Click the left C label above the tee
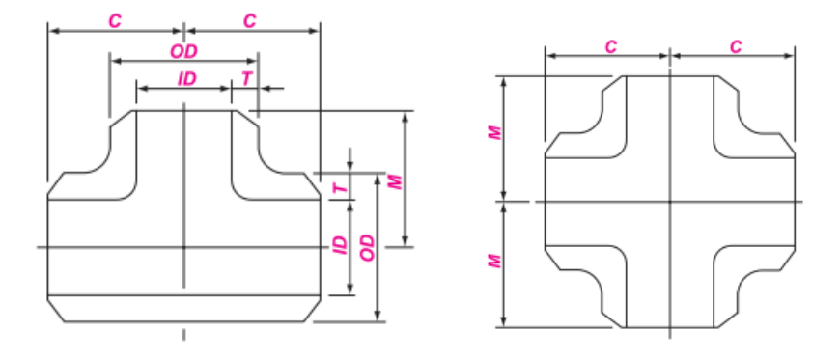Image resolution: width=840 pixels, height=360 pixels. coord(115,20)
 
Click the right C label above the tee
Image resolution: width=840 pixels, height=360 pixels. coord(250,20)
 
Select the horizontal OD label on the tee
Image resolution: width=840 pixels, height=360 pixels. coord(183,50)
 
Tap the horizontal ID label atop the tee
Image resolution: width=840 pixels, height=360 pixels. coord(186,79)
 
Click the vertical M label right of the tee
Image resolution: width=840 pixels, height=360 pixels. coord(394,180)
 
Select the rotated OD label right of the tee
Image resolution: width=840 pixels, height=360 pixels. coord(366,247)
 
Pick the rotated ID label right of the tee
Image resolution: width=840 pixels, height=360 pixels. coord(339,245)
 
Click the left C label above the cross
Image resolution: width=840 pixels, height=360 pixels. coord(610,46)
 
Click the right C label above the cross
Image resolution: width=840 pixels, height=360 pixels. coord(736,46)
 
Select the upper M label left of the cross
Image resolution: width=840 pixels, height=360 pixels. coord(495,134)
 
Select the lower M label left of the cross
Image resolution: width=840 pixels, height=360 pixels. coord(495,261)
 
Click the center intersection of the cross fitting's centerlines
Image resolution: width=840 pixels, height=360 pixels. coord(670,201)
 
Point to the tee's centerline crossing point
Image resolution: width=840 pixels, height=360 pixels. coord(183,247)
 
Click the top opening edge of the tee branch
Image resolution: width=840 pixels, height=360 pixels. coord(183,110)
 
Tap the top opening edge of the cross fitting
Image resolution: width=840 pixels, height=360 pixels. coord(670,76)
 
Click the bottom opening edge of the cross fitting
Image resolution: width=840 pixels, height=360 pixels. coord(670,328)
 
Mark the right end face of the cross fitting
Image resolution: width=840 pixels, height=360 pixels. coord(795,201)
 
